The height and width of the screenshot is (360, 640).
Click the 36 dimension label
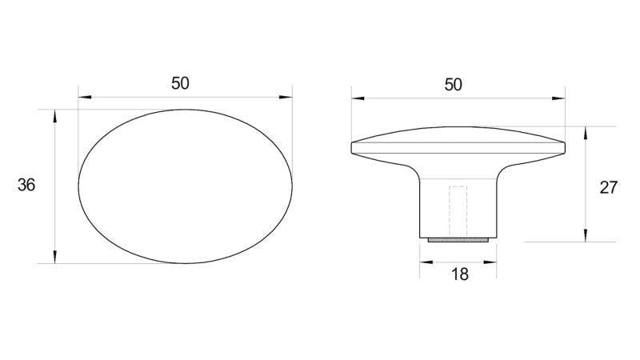[x=26, y=186]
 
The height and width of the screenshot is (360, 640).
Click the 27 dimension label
[x=608, y=188]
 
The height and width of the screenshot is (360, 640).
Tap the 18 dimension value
[x=459, y=274]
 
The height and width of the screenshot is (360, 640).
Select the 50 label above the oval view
[x=180, y=83]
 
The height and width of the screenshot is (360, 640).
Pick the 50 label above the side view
[x=453, y=85]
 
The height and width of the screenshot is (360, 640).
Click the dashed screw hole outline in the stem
[x=458, y=211]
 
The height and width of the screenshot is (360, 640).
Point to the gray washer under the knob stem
[x=458, y=240]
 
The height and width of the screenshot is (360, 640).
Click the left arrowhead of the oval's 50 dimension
[x=85, y=97]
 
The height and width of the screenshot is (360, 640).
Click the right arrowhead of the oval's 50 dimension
[x=286, y=97]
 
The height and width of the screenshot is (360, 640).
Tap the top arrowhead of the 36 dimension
[x=54, y=116]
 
